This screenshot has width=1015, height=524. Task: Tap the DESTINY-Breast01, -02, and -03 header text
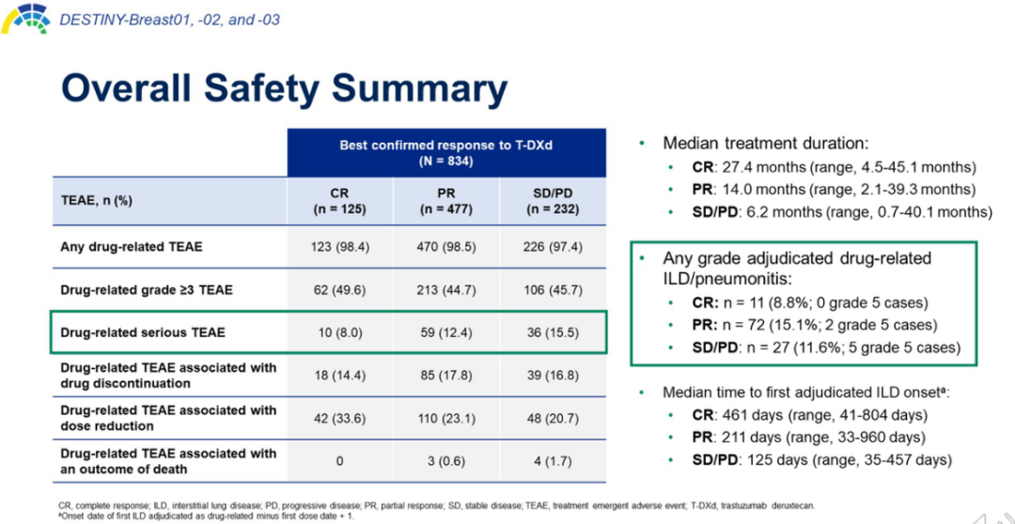click(x=169, y=19)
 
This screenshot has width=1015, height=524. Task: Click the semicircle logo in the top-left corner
click(x=25, y=17)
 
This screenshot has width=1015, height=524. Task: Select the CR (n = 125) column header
click(x=339, y=201)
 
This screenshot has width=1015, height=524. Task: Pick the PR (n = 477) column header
click(x=445, y=201)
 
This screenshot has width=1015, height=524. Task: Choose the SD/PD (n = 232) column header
click(x=552, y=201)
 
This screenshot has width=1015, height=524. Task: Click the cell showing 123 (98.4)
click(x=339, y=247)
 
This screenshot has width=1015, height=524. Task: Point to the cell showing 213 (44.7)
click(x=445, y=290)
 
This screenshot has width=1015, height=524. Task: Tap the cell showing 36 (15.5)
click(x=552, y=332)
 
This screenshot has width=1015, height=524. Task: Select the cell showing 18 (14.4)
click(x=339, y=376)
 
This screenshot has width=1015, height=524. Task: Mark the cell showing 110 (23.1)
click(x=445, y=418)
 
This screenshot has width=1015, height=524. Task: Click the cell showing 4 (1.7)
click(x=552, y=461)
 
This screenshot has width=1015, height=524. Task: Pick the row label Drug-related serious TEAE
click(x=143, y=332)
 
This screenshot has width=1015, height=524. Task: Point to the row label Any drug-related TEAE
click(x=132, y=247)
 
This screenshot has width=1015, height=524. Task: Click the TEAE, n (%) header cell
click(x=95, y=201)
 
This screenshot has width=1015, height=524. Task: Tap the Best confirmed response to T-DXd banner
click(x=445, y=153)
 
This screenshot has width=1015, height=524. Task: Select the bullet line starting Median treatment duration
click(x=765, y=144)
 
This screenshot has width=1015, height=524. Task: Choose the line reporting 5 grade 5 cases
click(x=826, y=347)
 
